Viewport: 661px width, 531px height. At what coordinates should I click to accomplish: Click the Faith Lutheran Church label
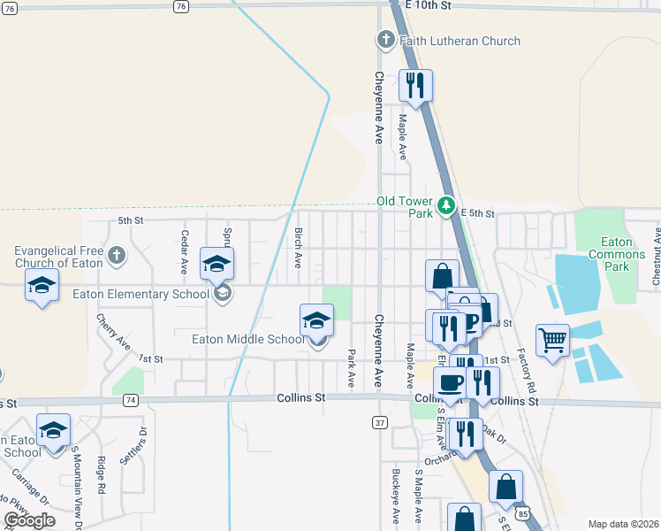pos(460,41)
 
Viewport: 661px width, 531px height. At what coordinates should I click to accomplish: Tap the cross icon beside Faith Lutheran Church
pos(384,40)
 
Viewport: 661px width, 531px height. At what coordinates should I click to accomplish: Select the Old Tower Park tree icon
pos(447,207)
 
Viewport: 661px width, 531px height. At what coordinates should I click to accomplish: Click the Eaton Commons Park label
pos(617,254)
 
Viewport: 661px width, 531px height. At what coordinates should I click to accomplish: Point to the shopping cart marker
pos(552,339)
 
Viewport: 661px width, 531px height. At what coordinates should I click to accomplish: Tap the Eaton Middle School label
pos(248,339)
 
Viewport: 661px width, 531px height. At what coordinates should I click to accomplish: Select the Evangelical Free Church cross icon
pos(117,257)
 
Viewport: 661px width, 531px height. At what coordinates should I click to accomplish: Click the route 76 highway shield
pos(181,6)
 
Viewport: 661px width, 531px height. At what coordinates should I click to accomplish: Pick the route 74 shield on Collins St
pos(131,400)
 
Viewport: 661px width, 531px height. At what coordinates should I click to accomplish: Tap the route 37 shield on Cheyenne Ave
pos(380,423)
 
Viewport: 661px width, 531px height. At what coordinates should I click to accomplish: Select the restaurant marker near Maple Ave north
pos(414,86)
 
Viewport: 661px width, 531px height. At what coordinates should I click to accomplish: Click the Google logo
pos(29,520)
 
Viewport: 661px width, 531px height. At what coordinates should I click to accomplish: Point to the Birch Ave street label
pos(299,247)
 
